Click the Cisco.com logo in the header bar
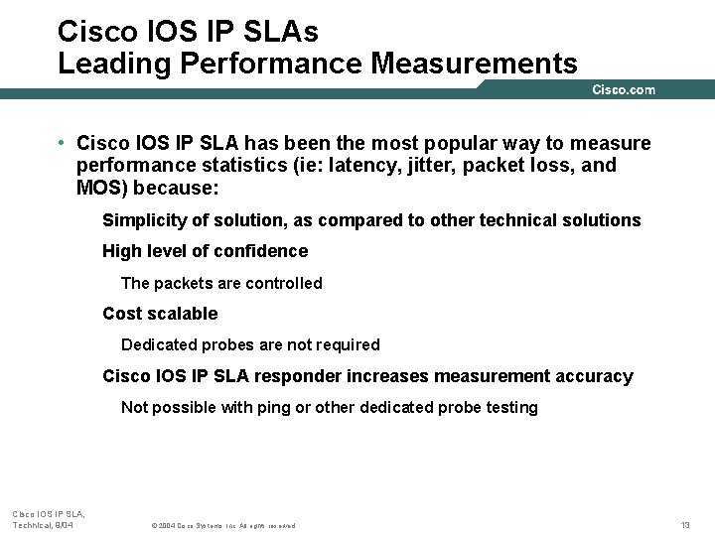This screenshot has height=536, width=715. (624, 90)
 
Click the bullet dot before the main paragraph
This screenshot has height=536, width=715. (62, 143)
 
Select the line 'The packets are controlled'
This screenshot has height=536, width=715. (221, 283)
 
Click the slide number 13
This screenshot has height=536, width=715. (684, 524)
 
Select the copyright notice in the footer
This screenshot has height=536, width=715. (222, 525)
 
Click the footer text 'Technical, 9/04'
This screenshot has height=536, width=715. (43, 524)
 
